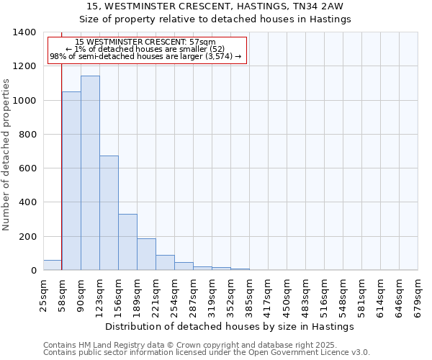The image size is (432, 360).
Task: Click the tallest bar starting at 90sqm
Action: (x=90, y=173)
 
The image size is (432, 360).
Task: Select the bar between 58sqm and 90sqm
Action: (x=71, y=181)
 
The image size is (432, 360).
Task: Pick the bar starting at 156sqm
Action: (x=127, y=242)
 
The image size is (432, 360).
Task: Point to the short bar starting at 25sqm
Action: (x=53, y=265)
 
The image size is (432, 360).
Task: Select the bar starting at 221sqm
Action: (x=165, y=263)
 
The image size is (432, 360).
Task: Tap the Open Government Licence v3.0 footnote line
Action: (x=207, y=353)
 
